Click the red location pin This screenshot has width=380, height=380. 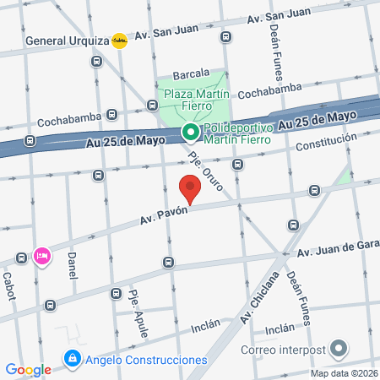(190, 187)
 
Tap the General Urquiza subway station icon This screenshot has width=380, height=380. (120, 40)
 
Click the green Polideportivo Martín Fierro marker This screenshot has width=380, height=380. (190, 132)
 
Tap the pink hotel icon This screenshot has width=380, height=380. (41, 255)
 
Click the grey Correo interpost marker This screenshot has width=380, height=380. (339, 349)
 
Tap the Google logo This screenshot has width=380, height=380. (28, 369)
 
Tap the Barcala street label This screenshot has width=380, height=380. (190, 73)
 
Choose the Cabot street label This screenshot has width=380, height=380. (9, 279)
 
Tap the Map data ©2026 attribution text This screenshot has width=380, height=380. (344, 373)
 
